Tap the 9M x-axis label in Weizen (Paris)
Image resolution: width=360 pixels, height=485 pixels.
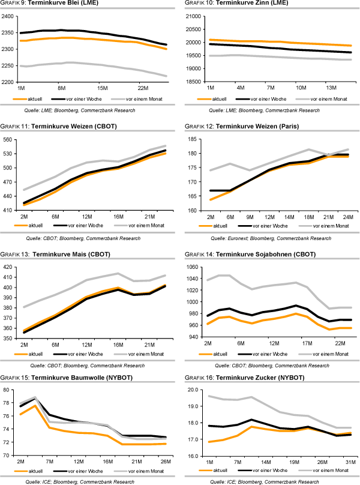248,216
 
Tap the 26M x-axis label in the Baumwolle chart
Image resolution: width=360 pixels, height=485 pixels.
164,462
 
